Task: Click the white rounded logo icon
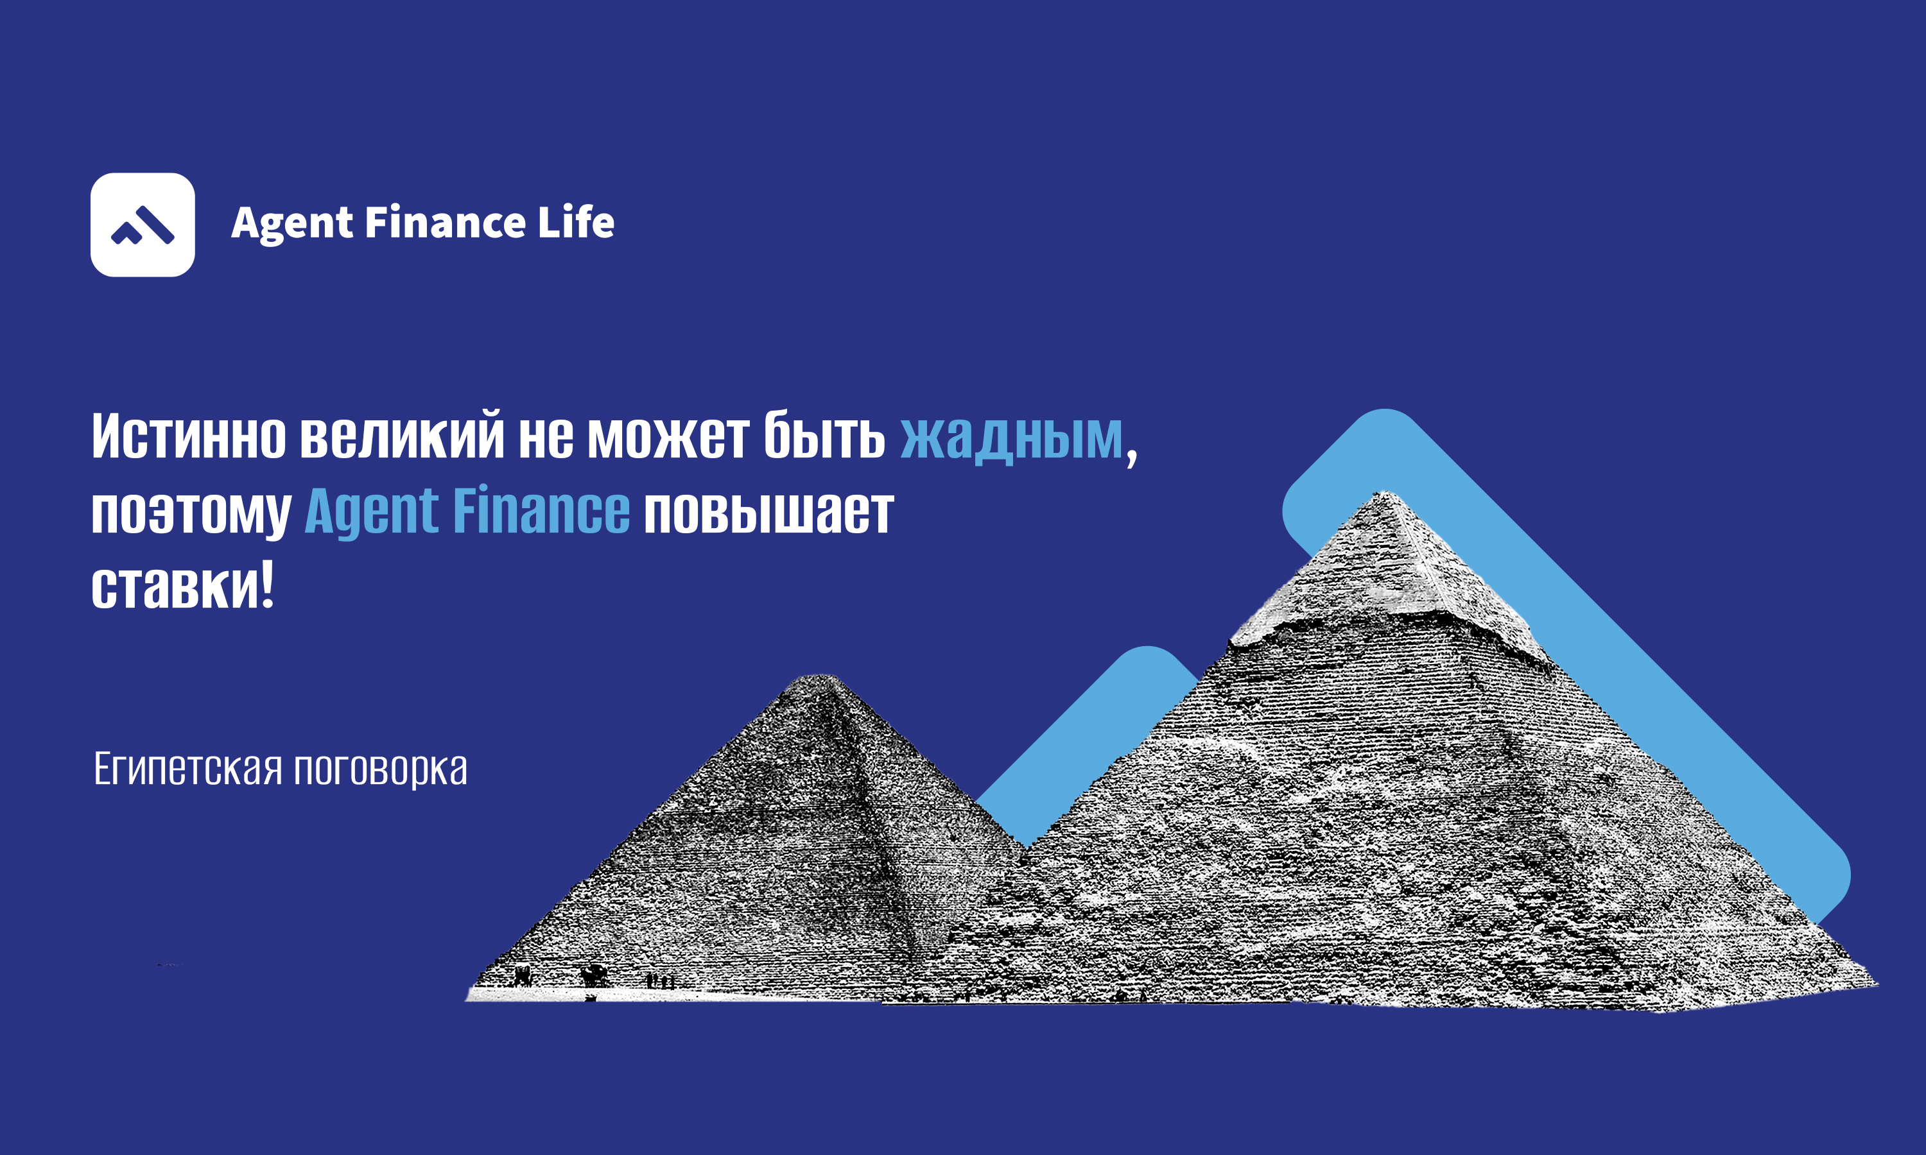[x=143, y=225]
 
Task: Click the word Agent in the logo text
[x=293, y=224]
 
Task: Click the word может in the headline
[x=668, y=436]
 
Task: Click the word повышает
[x=769, y=511]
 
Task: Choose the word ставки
[x=176, y=586]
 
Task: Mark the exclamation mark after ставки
[x=267, y=585]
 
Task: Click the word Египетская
[x=187, y=769]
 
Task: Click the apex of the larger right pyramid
[x=1384, y=492]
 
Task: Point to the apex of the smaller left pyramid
[x=817, y=676]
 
